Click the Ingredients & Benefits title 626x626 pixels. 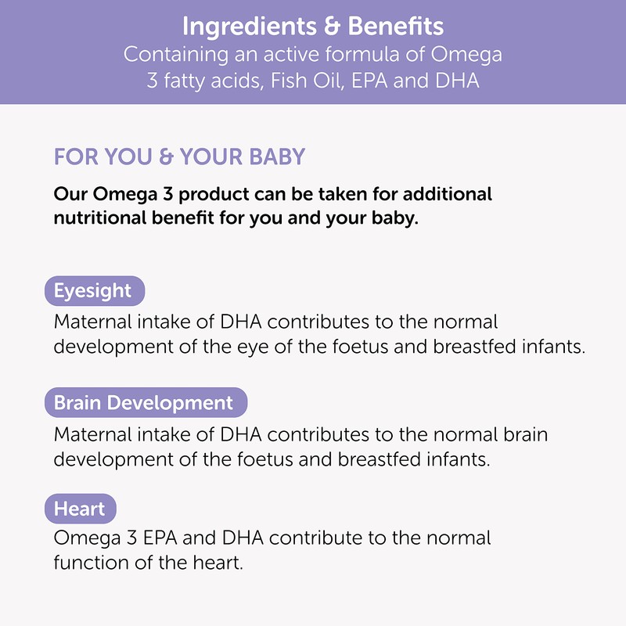313,27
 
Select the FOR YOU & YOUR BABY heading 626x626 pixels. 179,156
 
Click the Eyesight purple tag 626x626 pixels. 92,290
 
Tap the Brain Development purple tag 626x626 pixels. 143,403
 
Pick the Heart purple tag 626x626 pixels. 79,509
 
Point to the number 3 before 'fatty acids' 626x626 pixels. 152,81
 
